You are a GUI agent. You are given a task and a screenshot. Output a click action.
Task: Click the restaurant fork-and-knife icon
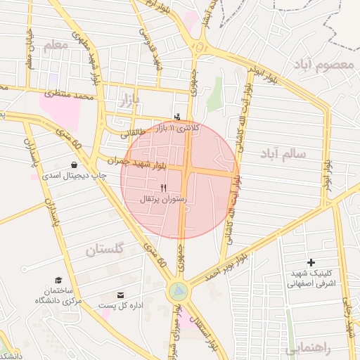pyautogui.click(x=164, y=188)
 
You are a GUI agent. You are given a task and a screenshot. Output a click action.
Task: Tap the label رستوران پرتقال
pyautogui.click(x=164, y=200)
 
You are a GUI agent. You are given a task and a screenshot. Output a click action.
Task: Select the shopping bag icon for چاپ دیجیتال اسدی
pyautogui.click(x=74, y=165)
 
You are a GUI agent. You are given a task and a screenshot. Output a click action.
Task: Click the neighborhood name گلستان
pyautogui.click(x=104, y=249)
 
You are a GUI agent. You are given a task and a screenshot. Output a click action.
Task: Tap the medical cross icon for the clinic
pyautogui.click(x=311, y=262)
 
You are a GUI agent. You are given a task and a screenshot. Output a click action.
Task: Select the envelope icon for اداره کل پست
pyautogui.click(x=120, y=295)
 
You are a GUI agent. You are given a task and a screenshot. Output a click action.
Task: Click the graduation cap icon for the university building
pyautogui.click(x=58, y=280)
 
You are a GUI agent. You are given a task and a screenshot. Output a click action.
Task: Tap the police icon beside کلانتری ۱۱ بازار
pyautogui.click(x=177, y=117)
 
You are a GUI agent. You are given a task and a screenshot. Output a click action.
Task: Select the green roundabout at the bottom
pyautogui.click(x=178, y=290)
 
